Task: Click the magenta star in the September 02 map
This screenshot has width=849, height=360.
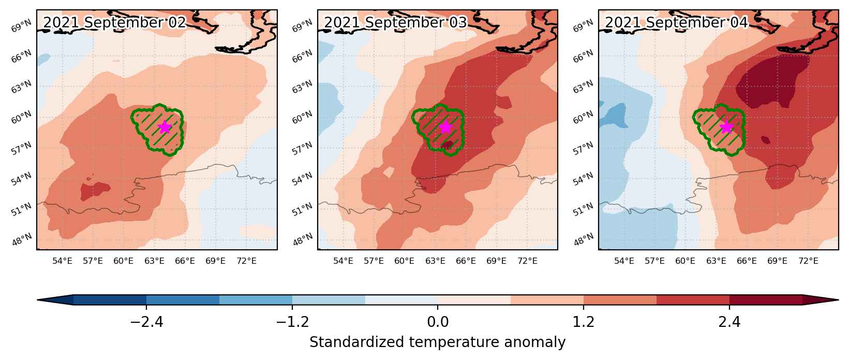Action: click(x=165, y=127)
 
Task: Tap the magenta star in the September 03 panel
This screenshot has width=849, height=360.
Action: click(x=445, y=127)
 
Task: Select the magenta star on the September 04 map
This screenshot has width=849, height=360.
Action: click(x=726, y=127)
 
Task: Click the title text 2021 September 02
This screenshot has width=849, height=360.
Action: click(x=114, y=22)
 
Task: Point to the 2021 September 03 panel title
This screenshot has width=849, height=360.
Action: click(x=395, y=22)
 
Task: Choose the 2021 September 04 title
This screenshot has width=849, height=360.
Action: click(x=676, y=22)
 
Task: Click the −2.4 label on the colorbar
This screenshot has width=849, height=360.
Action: click(x=146, y=322)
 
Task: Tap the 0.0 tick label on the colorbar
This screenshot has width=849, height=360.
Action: click(x=438, y=322)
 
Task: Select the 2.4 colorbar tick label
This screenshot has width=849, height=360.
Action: click(x=729, y=322)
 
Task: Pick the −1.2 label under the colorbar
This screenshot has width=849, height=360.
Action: click(x=292, y=322)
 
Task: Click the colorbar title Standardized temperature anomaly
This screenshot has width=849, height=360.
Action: click(x=437, y=342)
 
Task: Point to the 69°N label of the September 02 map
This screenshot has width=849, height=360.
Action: click(x=21, y=26)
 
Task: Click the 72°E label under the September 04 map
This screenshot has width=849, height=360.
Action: click(x=808, y=261)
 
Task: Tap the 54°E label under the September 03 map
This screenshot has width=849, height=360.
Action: click(x=343, y=261)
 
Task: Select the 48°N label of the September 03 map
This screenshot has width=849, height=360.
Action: click(x=302, y=239)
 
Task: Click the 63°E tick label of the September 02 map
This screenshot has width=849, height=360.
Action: click(x=154, y=261)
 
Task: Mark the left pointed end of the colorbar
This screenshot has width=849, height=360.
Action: click(x=38, y=300)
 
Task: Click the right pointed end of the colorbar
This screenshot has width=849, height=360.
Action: click(x=838, y=300)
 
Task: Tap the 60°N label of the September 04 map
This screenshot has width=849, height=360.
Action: click(x=583, y=117)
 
